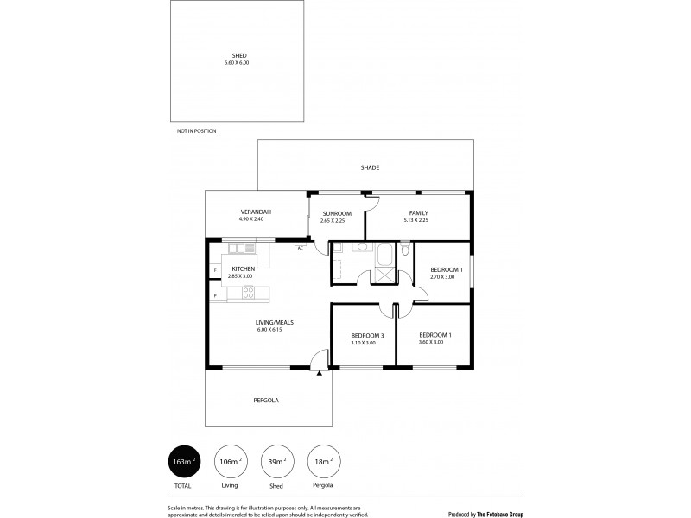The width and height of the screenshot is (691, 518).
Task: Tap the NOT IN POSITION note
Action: click(x=196, y=130)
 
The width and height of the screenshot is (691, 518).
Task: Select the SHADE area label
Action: click(x=370, y=167)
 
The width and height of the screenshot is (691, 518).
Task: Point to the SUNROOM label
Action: click(x=336, y=212)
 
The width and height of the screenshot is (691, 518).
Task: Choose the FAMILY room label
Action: click(x=418, y=212)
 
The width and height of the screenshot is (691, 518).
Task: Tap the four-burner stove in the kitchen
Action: click(x=248, y=294)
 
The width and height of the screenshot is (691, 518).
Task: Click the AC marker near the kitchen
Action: click(x=300, y=249)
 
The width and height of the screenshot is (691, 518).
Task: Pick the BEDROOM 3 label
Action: click(x=364, y=335)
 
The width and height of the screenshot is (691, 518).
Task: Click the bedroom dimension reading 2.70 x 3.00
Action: click(x=442, y=277)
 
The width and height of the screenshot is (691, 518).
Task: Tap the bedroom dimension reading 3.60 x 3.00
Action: click(x=431, y=342)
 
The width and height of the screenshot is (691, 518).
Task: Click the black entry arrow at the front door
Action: click(x=320, y=374)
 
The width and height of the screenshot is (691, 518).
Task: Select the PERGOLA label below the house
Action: click(x=266, y=401)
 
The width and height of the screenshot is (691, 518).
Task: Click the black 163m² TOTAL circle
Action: click(x=182, y=461)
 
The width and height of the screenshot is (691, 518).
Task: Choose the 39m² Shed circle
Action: click(x=276, y=461)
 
